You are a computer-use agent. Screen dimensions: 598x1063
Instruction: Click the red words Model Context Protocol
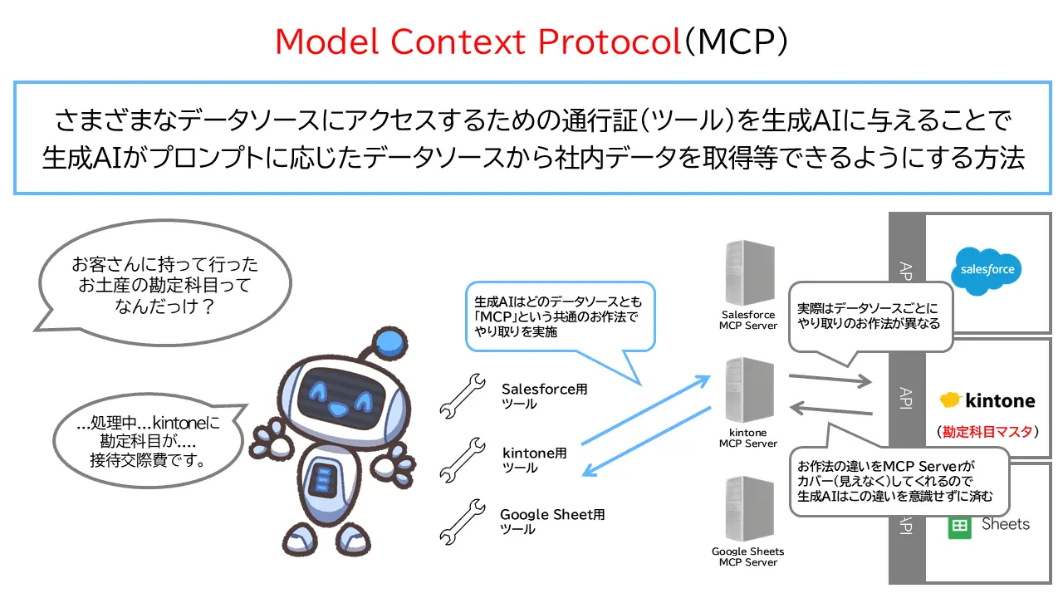click(478, 42)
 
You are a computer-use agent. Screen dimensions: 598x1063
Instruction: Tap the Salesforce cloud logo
click(986, 270)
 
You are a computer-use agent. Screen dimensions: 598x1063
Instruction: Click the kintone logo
click(987, 400)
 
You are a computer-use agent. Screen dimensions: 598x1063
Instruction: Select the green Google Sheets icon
click(960, 527)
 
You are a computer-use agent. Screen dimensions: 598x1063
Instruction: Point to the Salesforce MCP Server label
click(748, 320)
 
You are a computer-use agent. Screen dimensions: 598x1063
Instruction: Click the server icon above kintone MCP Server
click(748, 390)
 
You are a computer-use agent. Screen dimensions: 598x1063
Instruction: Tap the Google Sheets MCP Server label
click(748, 556)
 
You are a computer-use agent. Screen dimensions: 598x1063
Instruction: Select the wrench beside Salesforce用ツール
click(462, 395)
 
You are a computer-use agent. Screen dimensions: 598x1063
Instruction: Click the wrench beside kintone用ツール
click(462, 458)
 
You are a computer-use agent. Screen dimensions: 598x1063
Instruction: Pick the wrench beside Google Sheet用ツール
click(462, 521)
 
